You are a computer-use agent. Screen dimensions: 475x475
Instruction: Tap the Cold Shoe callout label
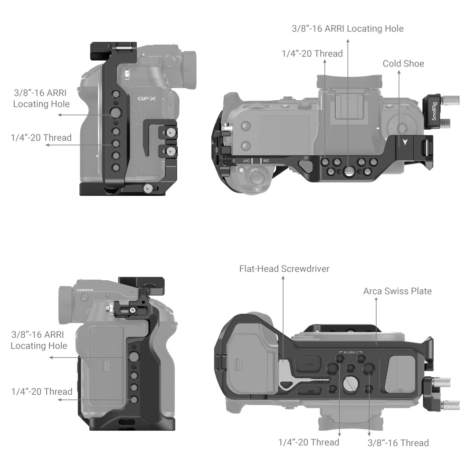coord(403,64)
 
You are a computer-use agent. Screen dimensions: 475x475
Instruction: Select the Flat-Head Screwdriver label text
coord(284,269)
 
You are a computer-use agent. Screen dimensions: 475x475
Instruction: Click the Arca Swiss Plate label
coord(397,291)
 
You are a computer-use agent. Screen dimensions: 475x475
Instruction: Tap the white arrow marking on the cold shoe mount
coord(404,142)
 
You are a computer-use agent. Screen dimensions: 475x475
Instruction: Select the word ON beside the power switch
coord(266,161)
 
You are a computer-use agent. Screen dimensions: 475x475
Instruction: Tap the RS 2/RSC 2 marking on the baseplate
coord(351,352)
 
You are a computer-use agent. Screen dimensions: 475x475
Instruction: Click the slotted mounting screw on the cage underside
coord(349,383)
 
